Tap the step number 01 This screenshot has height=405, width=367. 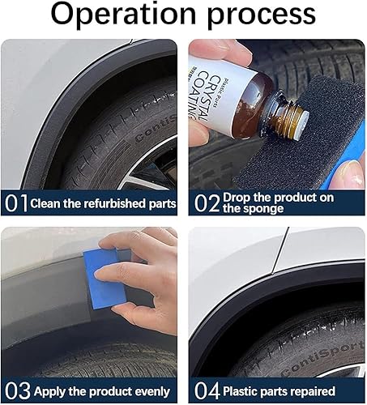(15, 202)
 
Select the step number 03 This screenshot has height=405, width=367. (16, 390)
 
